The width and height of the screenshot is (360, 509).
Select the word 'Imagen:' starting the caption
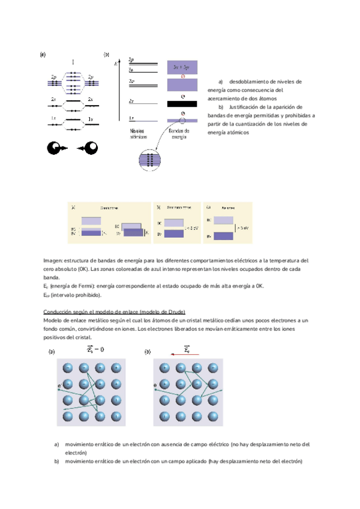pyautogui.click(x=52, y=261)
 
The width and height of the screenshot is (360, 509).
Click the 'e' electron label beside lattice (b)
pyautogui.click(x=155, y=385)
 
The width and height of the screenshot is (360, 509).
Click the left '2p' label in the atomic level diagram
pyautogui.click(x=54, y=77)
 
